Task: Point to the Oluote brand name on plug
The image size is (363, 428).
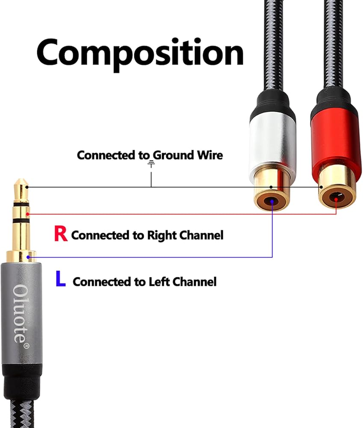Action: point(20,312)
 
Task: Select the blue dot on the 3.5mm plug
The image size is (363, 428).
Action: point(28,257)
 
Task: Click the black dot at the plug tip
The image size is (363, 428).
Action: point(27,187)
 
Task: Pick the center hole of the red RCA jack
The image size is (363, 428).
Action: point(336,198)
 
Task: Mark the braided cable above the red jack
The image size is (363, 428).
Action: point(335,43)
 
